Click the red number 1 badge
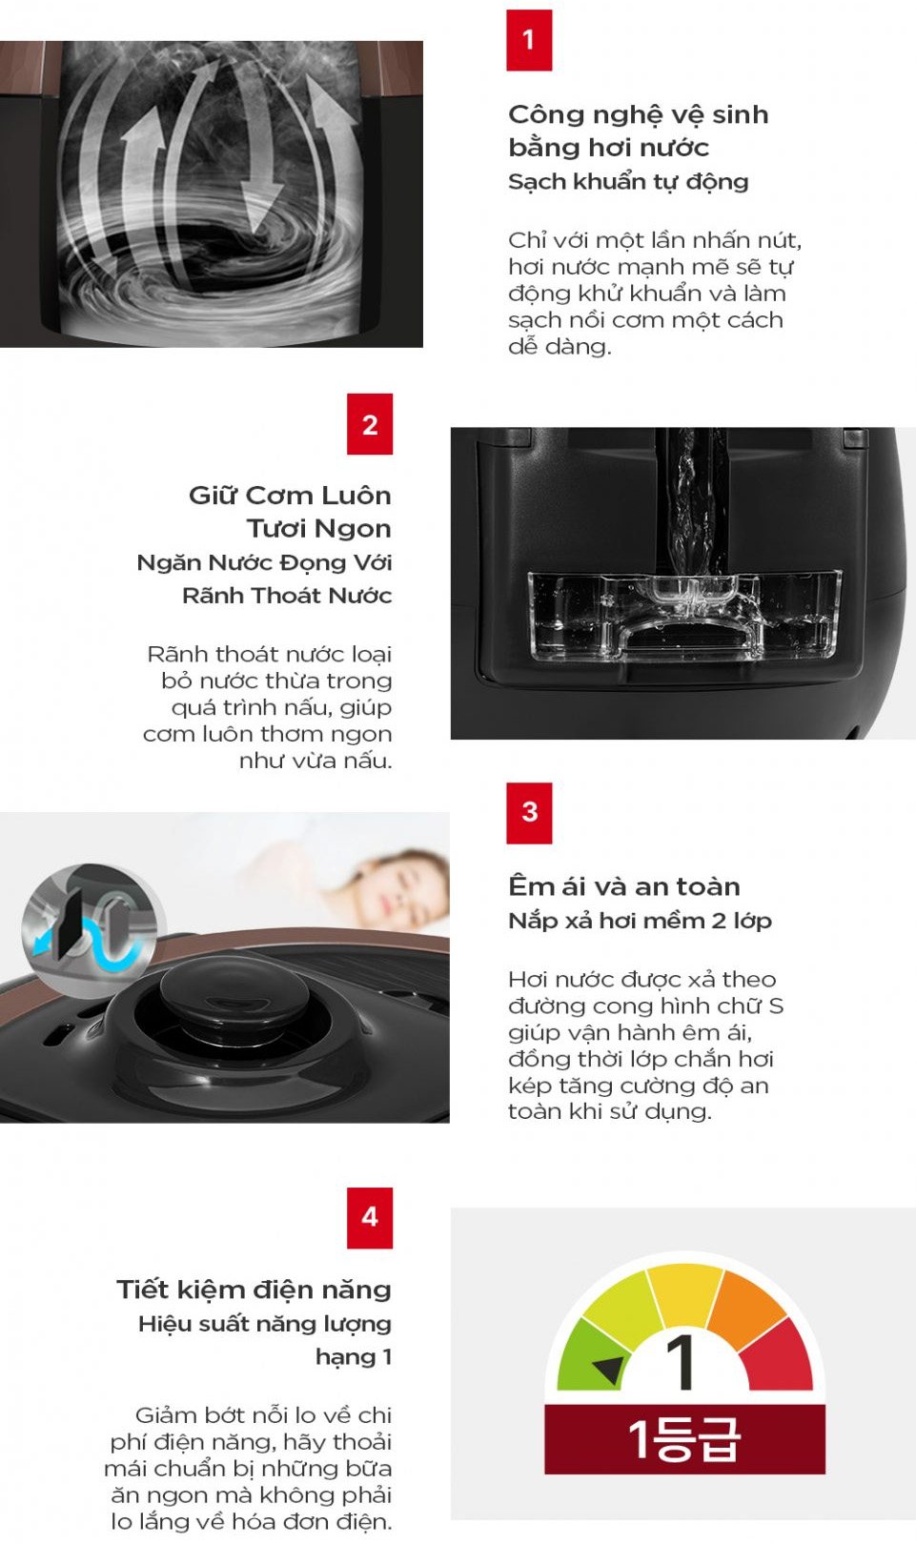click(529, 40)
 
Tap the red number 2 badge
click(370, 424)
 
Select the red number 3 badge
click(529, 813)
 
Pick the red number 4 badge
click(370, 1218)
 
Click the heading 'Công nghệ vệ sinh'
click(639, 115)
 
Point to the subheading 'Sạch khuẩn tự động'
click(628, 182)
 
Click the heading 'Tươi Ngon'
click(319, 529)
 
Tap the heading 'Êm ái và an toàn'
click(623, 885)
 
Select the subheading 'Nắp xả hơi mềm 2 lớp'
click(640, 921)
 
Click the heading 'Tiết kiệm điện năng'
click(254, 1289)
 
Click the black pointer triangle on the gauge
click(608, 1369)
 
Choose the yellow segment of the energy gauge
click(685, 1291)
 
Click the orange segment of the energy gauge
click(746, 1306)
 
